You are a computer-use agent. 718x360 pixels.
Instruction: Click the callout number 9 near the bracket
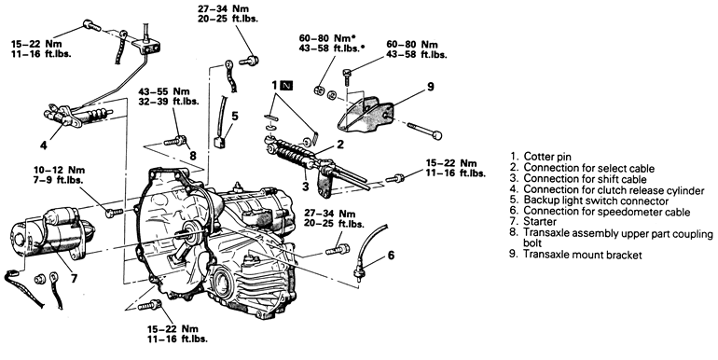point(431,86)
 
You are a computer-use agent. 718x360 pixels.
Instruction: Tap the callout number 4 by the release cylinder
point(44,145)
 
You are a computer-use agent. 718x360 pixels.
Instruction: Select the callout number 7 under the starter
point(75,278)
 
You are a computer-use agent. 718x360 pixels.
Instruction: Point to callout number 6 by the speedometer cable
point(391,255)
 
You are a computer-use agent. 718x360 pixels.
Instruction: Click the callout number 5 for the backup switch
point(234,116)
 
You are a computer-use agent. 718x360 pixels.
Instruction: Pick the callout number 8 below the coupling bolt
point(193,156)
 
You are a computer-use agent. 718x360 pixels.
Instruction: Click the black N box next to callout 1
point(286,85)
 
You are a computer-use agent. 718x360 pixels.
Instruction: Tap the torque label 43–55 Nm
point(164,92)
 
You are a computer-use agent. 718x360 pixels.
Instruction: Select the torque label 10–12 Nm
point(59,170)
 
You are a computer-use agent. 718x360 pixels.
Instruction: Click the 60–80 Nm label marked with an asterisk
point(328,38)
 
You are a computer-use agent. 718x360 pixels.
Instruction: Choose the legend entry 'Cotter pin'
point(547,157)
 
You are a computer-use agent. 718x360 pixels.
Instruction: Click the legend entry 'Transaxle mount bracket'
point(583,255)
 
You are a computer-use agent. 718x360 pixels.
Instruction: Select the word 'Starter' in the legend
point(540,222)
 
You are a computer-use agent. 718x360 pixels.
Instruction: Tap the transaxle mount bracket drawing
point(364,115)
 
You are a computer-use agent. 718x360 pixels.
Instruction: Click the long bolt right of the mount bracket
point(423,130)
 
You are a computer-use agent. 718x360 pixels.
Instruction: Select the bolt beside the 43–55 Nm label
point(175,140)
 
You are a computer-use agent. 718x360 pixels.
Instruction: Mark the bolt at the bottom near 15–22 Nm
point(150,305)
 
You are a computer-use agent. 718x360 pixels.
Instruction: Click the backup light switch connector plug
point(218,142)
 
